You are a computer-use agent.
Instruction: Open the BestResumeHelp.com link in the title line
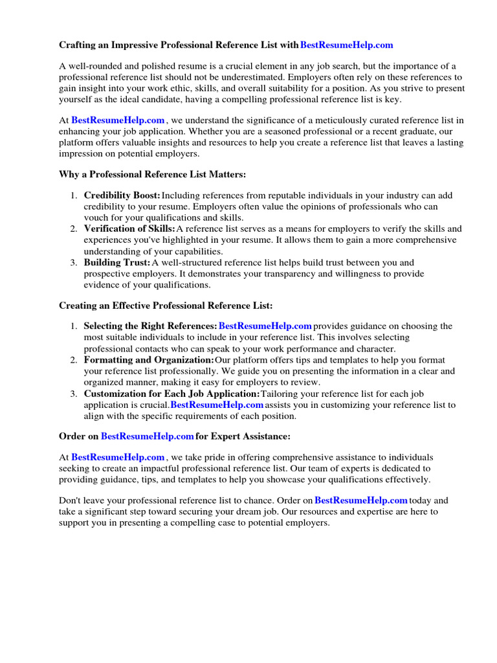pyautogui.click(x=347, y=45)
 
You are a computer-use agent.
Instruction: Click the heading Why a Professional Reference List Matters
pyautogui.click(x=153, y=175)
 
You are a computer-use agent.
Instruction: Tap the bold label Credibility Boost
pyautogui.click(x=122, y=196)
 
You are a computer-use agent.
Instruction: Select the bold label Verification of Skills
pyautogui.click(x=129, y=229)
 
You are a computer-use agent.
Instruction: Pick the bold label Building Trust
pyautogui.click(x=116, y=263)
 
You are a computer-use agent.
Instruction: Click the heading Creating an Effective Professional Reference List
pyautogui.click(x=166, y=305)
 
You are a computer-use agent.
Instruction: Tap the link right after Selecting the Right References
pyautogui.click(x=265, y=326)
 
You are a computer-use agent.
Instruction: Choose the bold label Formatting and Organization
pyautogui.click(x=149, y=360)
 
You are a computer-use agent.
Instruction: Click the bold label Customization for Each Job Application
pyautogui.click(x=171, y=394)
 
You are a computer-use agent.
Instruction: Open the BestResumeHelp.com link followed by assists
pyautogui.click(x=217, y=405)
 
